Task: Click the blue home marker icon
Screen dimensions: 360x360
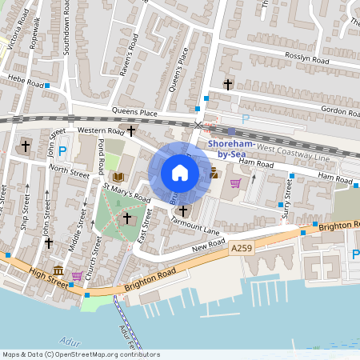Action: (x=180, y=173)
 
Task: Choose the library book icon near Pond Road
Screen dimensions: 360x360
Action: (x=119, y=177)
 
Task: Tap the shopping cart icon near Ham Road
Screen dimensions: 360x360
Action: (x=235, y=183)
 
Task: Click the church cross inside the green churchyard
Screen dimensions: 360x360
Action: (x=126, y=218)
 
